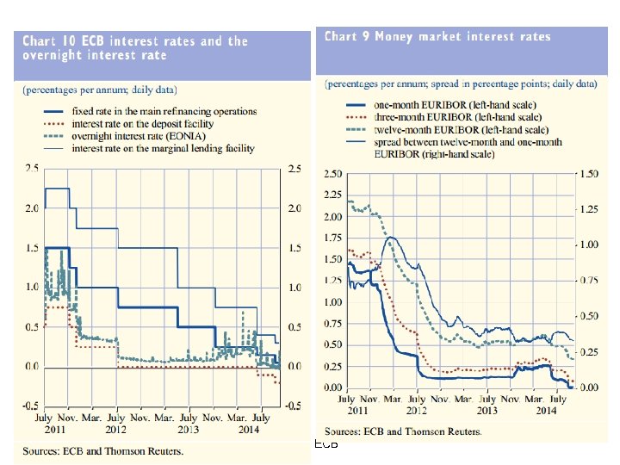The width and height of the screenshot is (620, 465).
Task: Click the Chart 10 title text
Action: pos(134,47)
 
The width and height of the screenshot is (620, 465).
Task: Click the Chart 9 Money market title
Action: pos(437,36)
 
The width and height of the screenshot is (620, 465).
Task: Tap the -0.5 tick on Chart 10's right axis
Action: pos(294,406)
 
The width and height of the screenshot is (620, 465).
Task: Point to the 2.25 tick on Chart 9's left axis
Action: pos(332,195)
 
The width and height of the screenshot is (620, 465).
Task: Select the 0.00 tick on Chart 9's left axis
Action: pos(332,387)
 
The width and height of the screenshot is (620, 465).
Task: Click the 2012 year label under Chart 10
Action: pos(115,429)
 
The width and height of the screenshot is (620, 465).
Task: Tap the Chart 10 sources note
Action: pos(103,450)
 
